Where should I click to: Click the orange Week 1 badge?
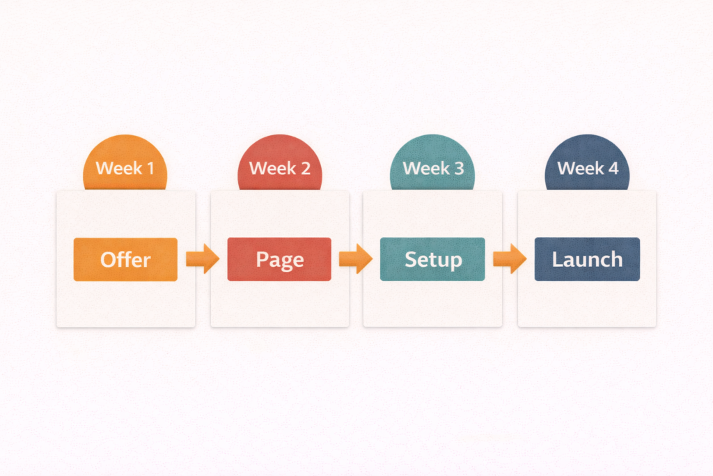pyautogui.click(x=125, y=163)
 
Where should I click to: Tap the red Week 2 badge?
pyautogui.click(x=280, y=163)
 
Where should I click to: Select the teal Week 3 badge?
pyautogui.click(x=432, y=163)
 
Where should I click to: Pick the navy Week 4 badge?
pyautogui.click(x=587, y=163)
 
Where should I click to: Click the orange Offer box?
pyautogui.click(x=125, y=259)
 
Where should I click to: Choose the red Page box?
pyautogui.click(x=279, y=259)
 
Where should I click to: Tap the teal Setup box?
pyautogui.click(x=432, y=259)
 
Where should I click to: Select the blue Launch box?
pyautogui.click(x=587, y=259)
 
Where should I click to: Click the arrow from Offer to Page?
pyautogui.click(x=203, y=259)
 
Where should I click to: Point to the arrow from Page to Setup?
pyautogui.click(x=356, y=259)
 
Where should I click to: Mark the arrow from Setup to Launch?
pyautogui.click(x=510, y=259)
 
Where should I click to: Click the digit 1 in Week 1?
pyautogui.click(x=150, y=169)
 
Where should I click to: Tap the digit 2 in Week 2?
pyautogui.click(x=305, y=169)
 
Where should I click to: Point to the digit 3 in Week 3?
pyautogui.click(x=459, y=169)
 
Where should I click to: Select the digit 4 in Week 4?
pyautogui.click(x=613, y=169)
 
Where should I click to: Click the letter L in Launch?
pyautogui.click(x=557, y=259)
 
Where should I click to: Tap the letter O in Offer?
pyautogui.click(x=108, y=260)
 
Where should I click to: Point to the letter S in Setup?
pyautogui.click(x=411, y=259)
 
